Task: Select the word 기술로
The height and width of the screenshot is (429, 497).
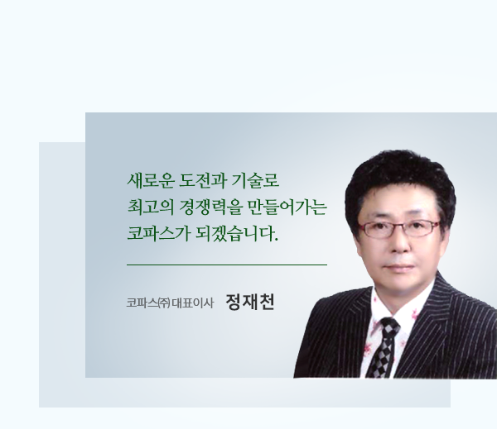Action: tap(255, 181)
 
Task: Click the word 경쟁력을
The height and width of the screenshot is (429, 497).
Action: tap(210, 207)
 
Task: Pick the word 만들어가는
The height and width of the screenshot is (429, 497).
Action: tap(287, 207)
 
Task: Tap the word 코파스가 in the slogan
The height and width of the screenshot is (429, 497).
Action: tap(158, 234)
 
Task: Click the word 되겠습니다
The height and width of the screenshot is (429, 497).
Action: tap(237, 234)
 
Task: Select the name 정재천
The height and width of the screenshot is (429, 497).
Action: tap(250, 303)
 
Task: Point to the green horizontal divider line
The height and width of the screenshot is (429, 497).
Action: tap(227, 265)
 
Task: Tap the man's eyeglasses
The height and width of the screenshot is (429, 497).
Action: tap(398, 228)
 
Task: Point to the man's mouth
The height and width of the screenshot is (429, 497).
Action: tap(399, 266)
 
